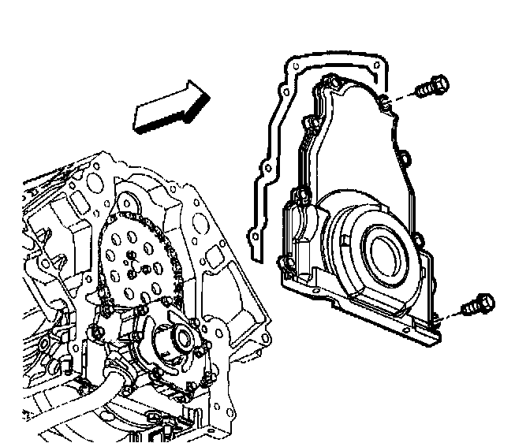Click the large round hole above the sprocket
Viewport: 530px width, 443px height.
pyautogui.click(x=127, y=205)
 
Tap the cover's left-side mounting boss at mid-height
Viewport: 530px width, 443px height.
pyautogui.click(x=300, y=193)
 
